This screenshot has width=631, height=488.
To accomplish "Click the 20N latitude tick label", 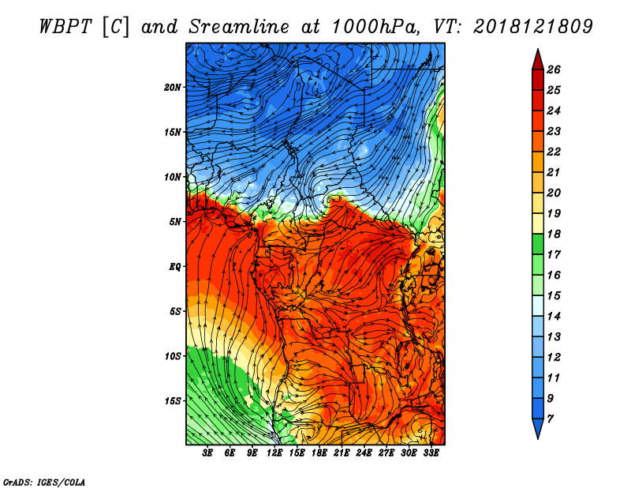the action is [x=172, y=88].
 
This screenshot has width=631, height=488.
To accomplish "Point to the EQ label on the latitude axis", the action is [x=175, y=267].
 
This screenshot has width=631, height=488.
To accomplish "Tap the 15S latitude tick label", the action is [x=172, y=401].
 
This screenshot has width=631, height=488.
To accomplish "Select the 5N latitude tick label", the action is [x=175, y=222].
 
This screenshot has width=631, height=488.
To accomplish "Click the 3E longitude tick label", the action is [x=207, y=453].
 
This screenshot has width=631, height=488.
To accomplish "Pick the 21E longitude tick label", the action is [x=342, y=453].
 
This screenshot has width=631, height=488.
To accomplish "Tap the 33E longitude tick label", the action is [x=431, y=453].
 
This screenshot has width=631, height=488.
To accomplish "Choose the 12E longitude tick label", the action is [x=274, y=453].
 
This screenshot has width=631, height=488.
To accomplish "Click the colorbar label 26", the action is [x=554, y=69].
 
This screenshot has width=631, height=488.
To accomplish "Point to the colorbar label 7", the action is [x=551, y=419].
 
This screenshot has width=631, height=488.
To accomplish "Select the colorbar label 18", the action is [x=554, y=234].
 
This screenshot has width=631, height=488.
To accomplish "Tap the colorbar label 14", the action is [x=554, y=317].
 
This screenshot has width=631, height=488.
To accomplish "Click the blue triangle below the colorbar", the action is [x=538, y=427].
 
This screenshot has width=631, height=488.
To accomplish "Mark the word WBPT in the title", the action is [x=65, y=27].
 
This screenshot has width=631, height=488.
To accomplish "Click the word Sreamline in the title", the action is [x=239, y=27].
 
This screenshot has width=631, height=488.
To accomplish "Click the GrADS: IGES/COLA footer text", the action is [x=44, y=482].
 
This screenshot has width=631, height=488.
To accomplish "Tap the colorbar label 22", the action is [x=554, y=152].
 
